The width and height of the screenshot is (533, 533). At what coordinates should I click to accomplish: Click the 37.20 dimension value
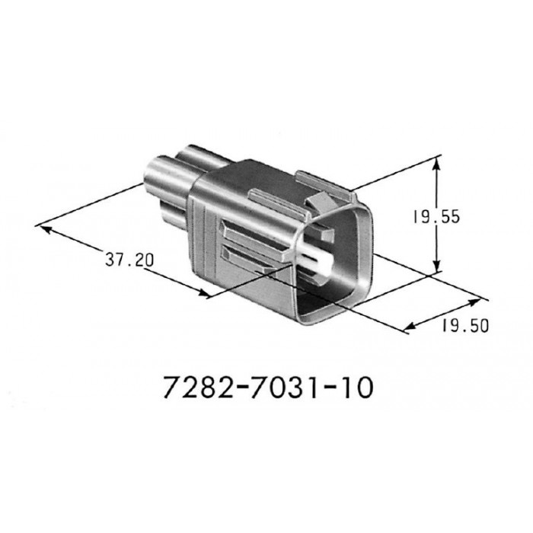129,260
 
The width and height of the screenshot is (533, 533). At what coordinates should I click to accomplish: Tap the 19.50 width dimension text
464,327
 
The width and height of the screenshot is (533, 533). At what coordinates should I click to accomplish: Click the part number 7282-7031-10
268,388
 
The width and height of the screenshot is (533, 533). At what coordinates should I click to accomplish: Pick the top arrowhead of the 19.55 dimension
436,161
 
